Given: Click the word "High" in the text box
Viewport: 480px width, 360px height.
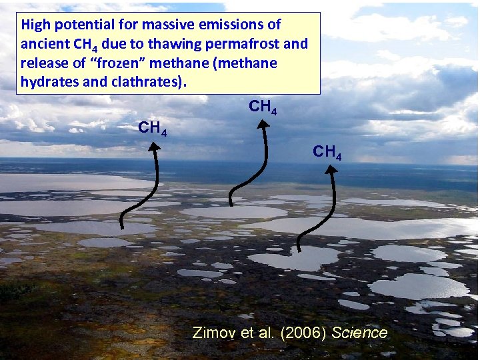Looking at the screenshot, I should click(x=35, y=25).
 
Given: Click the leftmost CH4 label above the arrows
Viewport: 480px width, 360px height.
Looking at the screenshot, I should click(x=152, y=127).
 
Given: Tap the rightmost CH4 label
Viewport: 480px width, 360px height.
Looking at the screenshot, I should click(x=327, y=152).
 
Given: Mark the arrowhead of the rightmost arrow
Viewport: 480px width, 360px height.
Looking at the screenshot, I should click(x=330, y=169).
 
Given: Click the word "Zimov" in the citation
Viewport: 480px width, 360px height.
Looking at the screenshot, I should click(x=211, y=333).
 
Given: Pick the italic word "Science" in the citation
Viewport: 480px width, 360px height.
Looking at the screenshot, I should click(x=359, y=333).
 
